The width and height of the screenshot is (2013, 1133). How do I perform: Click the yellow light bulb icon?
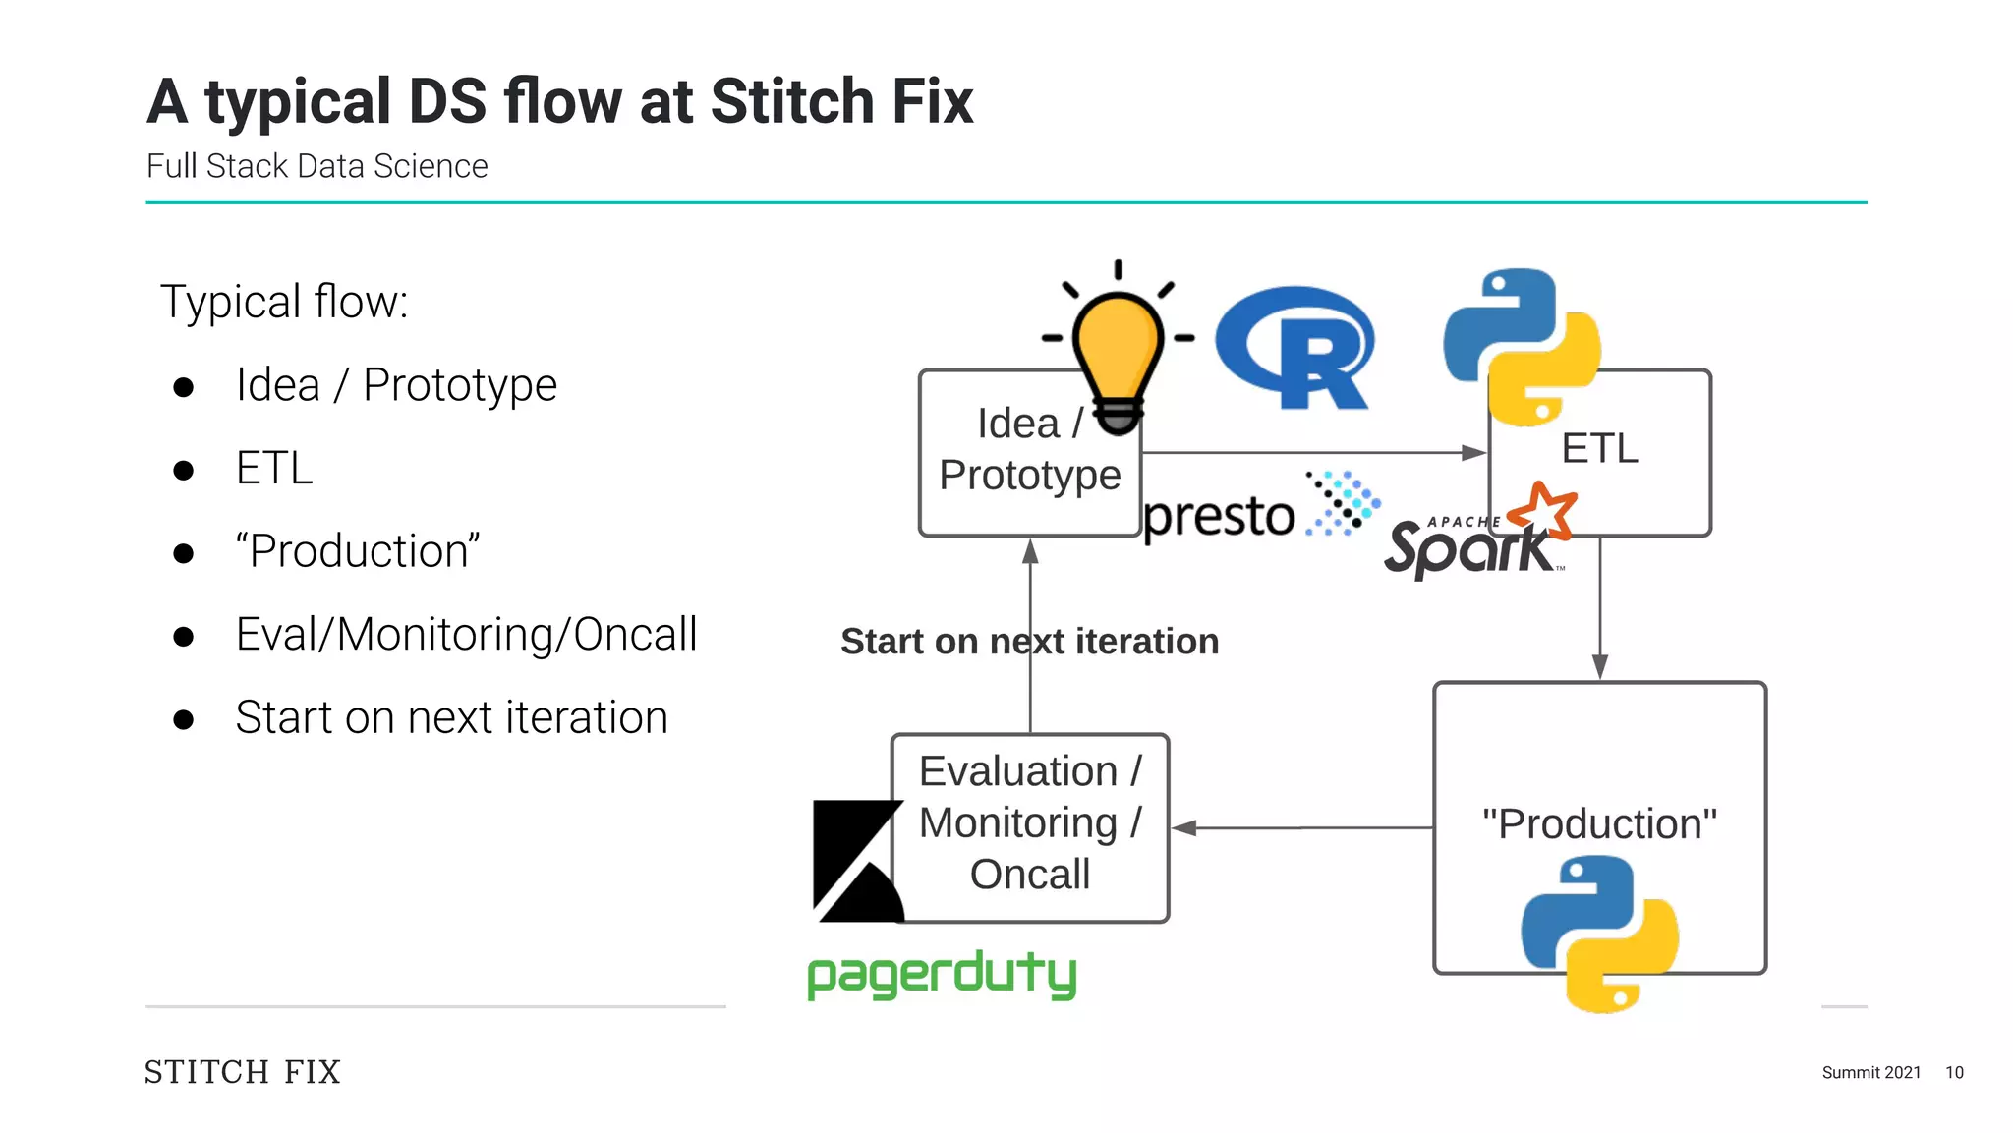(1118, 349)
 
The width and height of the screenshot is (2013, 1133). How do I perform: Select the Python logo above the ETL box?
(1522, 346)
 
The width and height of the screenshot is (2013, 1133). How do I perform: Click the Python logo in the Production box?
(1599, 933)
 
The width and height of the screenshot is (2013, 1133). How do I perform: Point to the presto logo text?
(1220, 517)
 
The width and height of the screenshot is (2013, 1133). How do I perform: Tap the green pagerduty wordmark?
(942, 975)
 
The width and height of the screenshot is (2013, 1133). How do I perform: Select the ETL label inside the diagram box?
(1599, 449)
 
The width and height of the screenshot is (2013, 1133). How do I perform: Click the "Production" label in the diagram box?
(1599, 823)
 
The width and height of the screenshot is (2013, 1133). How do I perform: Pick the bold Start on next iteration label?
(1029, 642)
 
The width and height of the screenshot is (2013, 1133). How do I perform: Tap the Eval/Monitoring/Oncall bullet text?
(466, 635)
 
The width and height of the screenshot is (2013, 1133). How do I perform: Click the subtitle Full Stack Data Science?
(316, 166)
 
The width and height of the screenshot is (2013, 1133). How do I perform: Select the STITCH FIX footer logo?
(243, 1071)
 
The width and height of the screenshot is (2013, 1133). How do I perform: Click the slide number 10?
(1954, 1072)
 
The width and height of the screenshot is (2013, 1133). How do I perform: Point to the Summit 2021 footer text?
(1870, 1072)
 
